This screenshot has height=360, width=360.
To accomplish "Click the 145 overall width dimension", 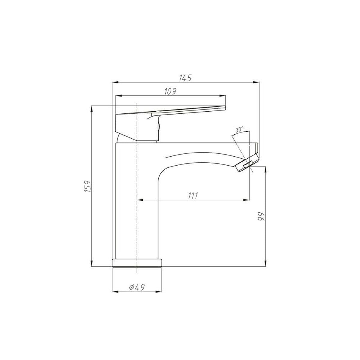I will [x=185, y=78].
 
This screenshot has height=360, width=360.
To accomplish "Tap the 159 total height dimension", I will [x=87, y=186].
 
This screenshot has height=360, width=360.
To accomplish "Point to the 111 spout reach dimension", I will [x=193, y=196].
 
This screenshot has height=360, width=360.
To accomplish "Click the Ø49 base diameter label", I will [x=137, y=287].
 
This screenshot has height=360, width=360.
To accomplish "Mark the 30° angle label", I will [x=239, y=130].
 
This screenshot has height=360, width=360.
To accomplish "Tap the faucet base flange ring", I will [x=137, y=262].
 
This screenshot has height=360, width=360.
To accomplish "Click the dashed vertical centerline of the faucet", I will [x=137, y=210].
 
